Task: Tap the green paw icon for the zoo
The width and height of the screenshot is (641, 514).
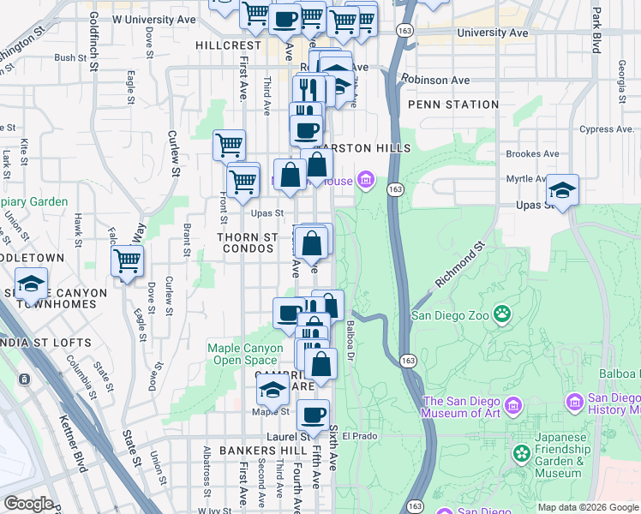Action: click(x=501, y=314)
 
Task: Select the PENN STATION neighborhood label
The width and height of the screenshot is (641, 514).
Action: click(x=453, y=105)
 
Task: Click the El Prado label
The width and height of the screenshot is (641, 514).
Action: click(x=360, y=435)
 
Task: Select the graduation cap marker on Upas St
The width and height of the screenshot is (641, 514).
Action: click(x=562, y=190)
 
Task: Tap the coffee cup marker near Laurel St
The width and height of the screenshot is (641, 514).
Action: click(x=313, y=415)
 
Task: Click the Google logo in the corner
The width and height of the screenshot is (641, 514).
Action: click(x=28, y=504)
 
